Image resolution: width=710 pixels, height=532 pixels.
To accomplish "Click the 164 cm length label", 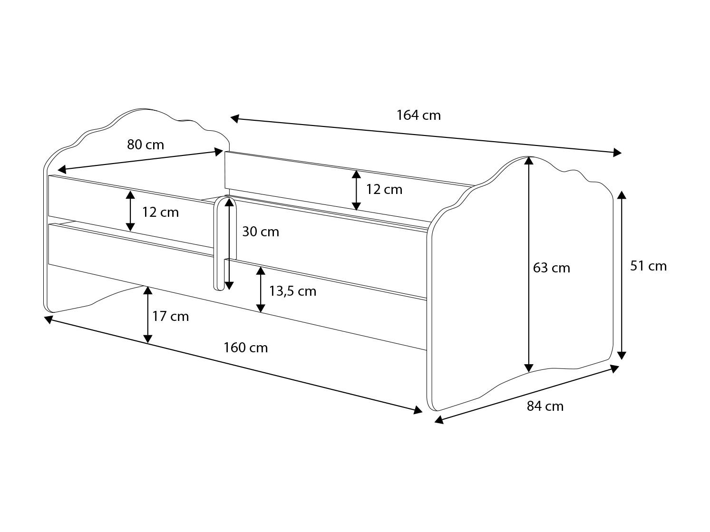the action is click(x=418, y=115).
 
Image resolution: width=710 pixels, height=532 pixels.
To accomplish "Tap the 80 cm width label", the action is click(x=146, y=145).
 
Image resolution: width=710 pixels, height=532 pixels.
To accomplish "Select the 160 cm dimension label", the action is click(x=246, y=348).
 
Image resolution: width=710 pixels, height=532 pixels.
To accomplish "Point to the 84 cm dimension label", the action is click(x=545, y=406).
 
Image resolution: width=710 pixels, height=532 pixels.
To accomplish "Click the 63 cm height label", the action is click(x=552, y=268).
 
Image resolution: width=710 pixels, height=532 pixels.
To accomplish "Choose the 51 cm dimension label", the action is click(x=649, y=266).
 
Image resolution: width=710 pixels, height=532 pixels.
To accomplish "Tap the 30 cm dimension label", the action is click(x=261, y=232).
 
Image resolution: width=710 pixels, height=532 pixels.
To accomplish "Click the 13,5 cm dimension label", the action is click(x=293, y=291).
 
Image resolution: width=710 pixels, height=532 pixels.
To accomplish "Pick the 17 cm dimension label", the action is click(x=170, y=316).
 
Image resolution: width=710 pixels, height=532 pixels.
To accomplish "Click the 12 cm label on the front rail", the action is click(x=160, y=213).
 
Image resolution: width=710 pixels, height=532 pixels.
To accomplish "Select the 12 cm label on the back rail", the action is click(x=384, y=190).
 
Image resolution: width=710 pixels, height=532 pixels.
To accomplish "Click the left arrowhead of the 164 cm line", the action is click(x=235, y=119).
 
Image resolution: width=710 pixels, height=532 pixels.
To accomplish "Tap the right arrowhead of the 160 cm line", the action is click(x=418, y=410).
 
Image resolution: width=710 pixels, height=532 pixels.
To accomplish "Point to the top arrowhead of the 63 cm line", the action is click(x=528, y=161).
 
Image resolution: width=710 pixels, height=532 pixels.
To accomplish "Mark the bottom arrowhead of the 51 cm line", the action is click(x=622, y=355).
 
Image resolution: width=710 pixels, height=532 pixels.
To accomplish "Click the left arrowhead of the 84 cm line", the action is click(x=439, y=420).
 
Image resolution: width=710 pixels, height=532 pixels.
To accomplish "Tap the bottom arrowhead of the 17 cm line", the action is click(x=148, y=339).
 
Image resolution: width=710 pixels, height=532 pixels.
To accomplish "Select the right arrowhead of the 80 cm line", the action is click(x=219, y=152).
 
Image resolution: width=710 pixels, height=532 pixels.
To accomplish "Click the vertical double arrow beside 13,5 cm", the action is click(x=261, y=290).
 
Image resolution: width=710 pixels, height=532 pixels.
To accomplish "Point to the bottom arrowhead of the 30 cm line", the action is click(x=229, y=286).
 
